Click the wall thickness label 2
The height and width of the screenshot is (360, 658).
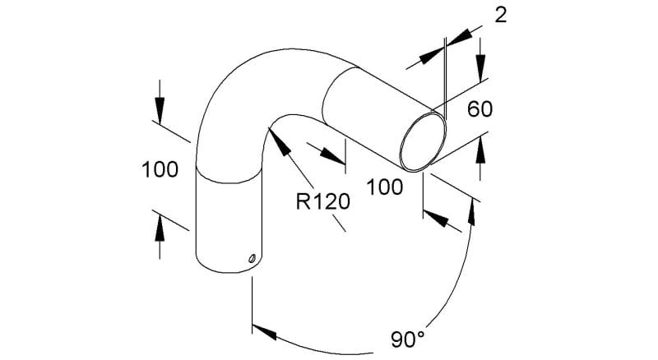(x=501, y=16)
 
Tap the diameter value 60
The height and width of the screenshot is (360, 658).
(x=480, y=109)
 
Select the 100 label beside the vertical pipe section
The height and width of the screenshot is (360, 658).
(x=160, y=170)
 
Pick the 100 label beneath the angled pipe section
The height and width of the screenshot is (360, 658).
(x=385, y=187)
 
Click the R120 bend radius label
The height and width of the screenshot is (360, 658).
(x=322, y=201)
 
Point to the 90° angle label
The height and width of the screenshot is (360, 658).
(x=408, y=339)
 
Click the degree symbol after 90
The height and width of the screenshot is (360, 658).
(x=421, y=335)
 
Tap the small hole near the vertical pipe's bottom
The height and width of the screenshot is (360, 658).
(x=252, y=258)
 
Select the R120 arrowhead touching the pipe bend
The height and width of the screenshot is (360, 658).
(x=279, y=143)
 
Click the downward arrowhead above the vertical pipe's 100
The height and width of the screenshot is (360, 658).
(x=160, y=111)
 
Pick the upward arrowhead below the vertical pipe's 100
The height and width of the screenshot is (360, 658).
(x=160, y=227)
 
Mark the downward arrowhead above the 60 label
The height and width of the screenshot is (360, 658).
(x=480, y=67)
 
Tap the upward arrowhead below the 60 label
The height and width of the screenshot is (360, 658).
(x=480, y=150)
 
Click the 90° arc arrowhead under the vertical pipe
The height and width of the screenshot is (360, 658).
(x=264, y=331)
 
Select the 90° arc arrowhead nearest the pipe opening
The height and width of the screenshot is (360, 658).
(x=472, y=212)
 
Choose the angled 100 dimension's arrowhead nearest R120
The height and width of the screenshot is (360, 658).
(x=332, y=155)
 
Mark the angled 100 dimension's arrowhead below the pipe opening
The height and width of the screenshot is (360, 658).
(x=436, y=218)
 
